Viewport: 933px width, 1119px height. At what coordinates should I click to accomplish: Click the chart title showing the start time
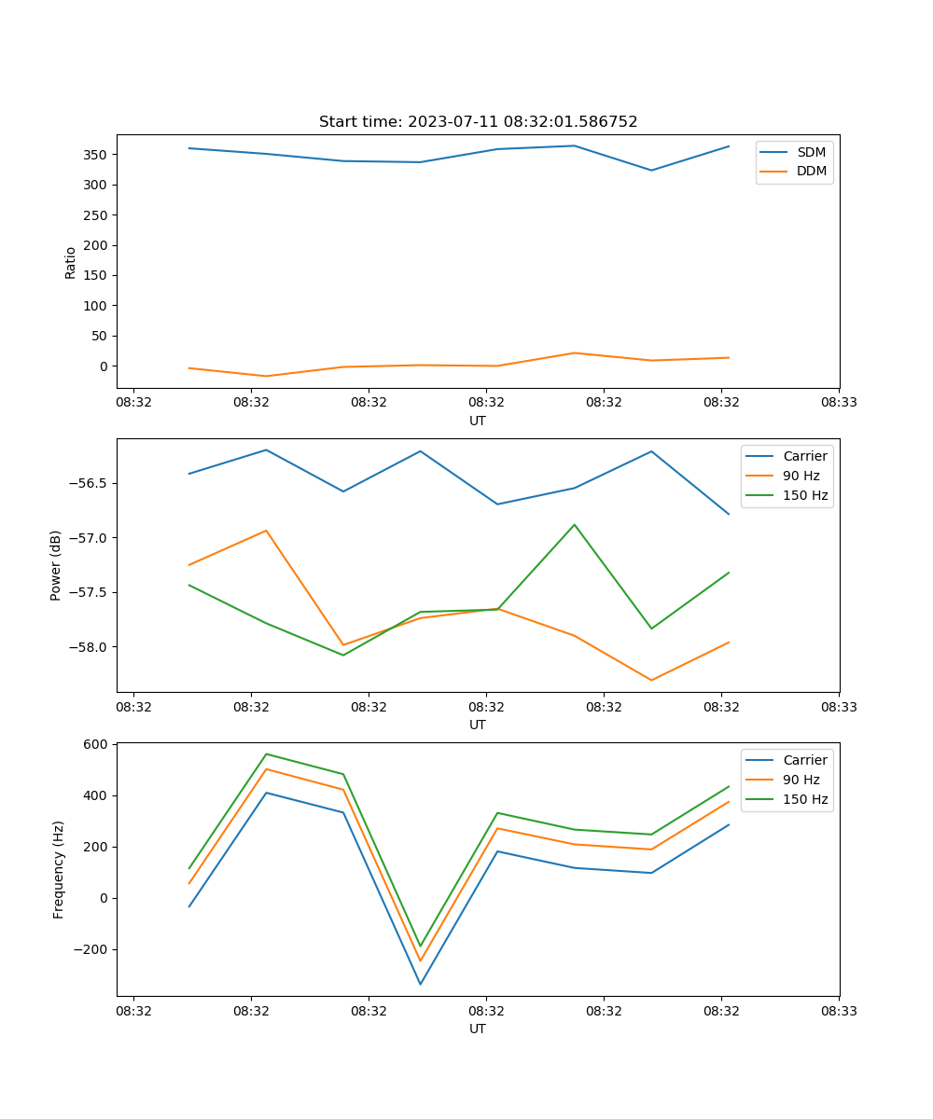(478, 122)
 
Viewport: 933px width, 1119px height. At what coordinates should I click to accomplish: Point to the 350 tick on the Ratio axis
(96, 155)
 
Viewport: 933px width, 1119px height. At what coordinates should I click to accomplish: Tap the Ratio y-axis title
(71, 263)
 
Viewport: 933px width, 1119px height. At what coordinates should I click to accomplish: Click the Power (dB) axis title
(56, 565)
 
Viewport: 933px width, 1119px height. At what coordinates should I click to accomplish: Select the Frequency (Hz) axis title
(59, 869)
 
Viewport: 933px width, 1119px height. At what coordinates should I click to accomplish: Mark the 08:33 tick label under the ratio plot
(838, 402)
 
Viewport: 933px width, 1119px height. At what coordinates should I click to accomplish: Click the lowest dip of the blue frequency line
(420, 984)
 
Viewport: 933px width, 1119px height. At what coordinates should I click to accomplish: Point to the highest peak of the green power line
(575, 524)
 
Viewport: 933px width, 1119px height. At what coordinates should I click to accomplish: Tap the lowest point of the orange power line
(651, 680)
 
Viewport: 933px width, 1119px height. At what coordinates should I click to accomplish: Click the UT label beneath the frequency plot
(478, 1029)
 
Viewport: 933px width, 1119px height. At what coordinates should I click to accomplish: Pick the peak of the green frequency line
(267, 753)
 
